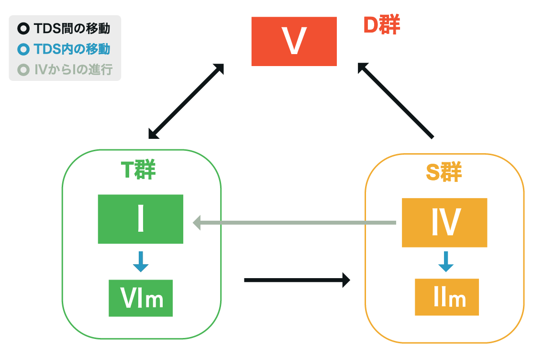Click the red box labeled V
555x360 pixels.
pos(294,42)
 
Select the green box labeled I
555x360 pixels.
pos(140,219)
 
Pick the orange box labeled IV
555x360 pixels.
pos(444,223)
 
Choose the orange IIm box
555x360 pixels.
pos(446,297)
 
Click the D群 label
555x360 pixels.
pos(381,26)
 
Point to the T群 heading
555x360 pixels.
pos(137,170)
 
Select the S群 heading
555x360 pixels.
pos(444,173)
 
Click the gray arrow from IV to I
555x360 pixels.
pos(294,223)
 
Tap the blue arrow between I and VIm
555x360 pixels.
pos(141,261)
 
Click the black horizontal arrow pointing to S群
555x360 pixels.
pos(297,280)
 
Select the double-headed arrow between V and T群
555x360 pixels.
pos(186,101)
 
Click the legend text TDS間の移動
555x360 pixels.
pos(72,29)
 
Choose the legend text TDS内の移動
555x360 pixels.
pos(72,49)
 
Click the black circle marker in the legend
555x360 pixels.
pos(23,29)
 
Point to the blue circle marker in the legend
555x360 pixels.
pos(23,49)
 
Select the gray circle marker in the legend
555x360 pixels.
pos(23,70)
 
